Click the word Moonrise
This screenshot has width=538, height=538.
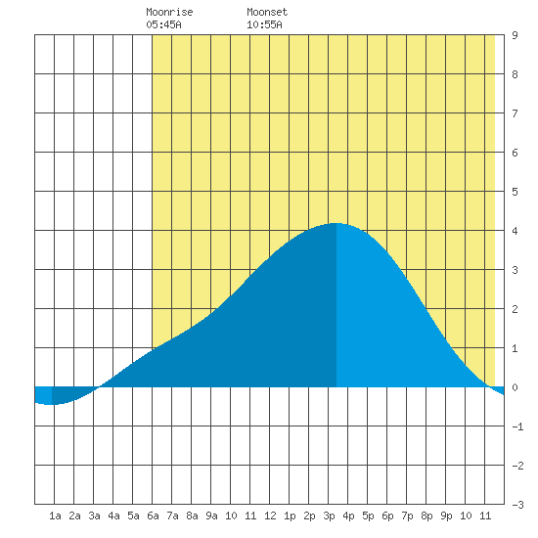point(169,12)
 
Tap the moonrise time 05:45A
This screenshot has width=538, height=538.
point(163,24)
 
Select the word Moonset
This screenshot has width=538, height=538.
point(267,12)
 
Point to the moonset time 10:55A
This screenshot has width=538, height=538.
point(264,24)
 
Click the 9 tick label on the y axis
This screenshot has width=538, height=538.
point(515,35)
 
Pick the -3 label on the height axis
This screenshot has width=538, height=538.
point(517,505)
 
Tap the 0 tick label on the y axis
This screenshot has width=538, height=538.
point(515,387)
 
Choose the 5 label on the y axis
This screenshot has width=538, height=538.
point(515,192)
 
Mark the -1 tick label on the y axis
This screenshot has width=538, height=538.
point(517,426)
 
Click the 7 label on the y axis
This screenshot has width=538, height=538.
point(515,113)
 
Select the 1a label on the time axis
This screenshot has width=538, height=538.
point(55,516)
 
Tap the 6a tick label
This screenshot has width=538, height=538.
point(153,516)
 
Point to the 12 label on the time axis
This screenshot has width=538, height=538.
point(270,516)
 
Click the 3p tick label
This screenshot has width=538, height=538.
point(329,516)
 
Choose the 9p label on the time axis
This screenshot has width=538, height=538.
point(446,516)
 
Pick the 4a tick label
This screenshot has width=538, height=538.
point(113,516)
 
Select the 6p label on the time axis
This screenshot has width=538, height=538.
point(387,516)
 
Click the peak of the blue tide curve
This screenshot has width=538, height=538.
point(336,223)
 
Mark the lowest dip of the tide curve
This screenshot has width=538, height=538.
point(52,405)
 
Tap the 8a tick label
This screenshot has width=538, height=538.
point(192,516)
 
